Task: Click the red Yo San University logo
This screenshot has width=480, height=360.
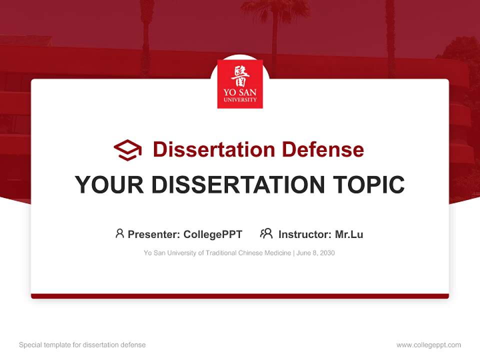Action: pyautogui.click(x=240, y=84)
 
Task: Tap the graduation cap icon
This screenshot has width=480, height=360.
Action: pyautogui.click(x=127, y=150)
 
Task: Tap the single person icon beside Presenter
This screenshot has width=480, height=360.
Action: pyautogui.click(x=119, y=233)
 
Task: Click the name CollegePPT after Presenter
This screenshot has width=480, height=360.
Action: pyautogui.click(x=213, y=234)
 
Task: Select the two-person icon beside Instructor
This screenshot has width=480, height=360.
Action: pyautogui.click(x=266, y=233)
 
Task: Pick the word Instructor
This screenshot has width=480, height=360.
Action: pyautogui.click(x=304, y=234)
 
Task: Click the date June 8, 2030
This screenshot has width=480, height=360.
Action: pyautogui.click(x=315, y=253)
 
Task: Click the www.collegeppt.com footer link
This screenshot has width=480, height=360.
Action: pyautogui.click(x=428, y=345)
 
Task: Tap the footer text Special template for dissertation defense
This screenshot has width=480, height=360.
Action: pyautogui.click(x=82, y=345)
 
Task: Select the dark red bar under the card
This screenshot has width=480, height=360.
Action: pyautogui.click(x=240, y=296)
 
